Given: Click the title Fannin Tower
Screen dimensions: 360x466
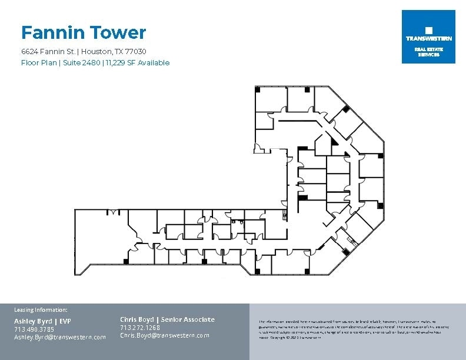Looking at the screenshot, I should tap(83, 32).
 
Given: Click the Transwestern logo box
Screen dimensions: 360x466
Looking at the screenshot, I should tap(428, 36).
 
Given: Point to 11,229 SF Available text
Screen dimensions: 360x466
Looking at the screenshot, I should tap(137, 63).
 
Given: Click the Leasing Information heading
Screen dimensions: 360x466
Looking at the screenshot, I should tap(41, 309).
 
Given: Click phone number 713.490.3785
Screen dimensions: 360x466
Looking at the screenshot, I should tap(34, 329).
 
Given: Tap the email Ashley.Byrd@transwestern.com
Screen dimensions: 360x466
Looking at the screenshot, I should tap(60, 337).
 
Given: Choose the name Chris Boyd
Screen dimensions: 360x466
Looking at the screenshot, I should tap(137, 319).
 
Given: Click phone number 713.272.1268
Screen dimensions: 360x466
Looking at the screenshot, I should tap(140, 328).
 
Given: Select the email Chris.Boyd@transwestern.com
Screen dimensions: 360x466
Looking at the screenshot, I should tap(165, 335).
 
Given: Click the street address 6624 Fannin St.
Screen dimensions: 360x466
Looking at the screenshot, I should tap(48, 52).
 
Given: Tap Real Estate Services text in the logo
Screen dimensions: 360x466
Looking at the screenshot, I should tap(428, 52).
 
